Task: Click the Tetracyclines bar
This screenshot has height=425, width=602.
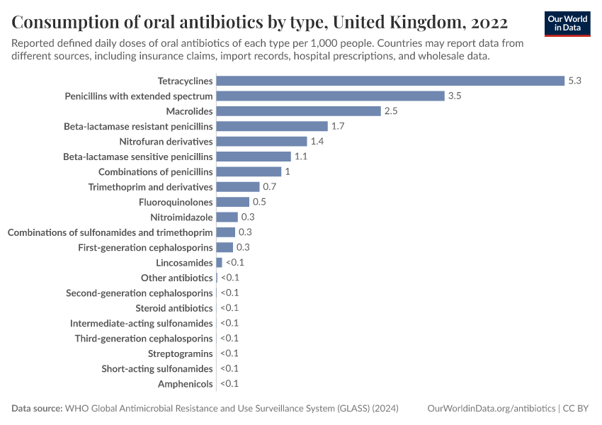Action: point(390,81)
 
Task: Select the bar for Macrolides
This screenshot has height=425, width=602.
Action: point(298,111)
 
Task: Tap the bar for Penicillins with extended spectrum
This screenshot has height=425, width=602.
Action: point(330,96)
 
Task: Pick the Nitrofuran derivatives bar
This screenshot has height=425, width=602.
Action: point(261,142)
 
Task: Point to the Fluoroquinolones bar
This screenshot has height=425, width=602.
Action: point(232,202)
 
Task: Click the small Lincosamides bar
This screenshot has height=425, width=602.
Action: point(219,263)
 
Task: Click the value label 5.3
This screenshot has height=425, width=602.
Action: point(574,81)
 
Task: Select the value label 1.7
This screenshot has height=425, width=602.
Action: point(338,126)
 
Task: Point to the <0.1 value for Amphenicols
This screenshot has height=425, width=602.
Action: point(229,384)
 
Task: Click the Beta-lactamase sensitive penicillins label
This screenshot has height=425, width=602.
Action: point(138,157)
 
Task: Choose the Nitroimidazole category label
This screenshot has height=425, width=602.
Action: point(181,217)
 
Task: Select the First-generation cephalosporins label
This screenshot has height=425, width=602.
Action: point(145,248)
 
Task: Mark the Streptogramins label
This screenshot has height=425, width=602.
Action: point(180,353)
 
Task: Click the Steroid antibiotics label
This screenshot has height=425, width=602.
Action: point(174,308)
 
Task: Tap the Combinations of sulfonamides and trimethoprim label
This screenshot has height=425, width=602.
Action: point(110,232)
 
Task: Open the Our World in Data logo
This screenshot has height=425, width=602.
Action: point(567,23)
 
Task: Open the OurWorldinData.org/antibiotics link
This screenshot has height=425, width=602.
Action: point(492,409)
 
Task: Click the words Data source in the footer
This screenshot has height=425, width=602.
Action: point(37,409)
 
